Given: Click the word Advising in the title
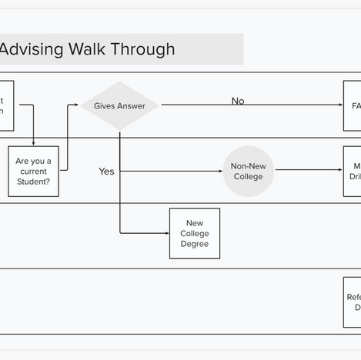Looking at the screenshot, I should click(x=31, y=49).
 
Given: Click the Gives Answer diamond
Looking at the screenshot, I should click(x=119, y=105).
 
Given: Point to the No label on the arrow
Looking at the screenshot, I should click(x=238, y=101).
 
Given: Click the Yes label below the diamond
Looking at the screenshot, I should click(x=106, y=171).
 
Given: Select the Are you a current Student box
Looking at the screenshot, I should click(x=33, y=171).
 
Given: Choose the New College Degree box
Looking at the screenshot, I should click(x=194, y=233).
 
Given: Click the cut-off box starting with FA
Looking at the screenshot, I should click(x=353, y=105).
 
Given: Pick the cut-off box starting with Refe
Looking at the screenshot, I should click(x=353, y=302).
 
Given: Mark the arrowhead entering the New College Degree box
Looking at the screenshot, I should click(x=166, y=233).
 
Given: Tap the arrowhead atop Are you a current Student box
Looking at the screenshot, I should click(x=33, y=143).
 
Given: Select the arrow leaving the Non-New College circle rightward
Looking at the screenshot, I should click(x=308, y=170).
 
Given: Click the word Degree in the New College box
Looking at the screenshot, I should click(x=194, y=244).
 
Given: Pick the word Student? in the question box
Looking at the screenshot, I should click(x=33, y=182).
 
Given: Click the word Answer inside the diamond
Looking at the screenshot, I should click(x=132, y=105).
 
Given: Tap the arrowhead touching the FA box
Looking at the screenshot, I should click(x=340, y=105).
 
